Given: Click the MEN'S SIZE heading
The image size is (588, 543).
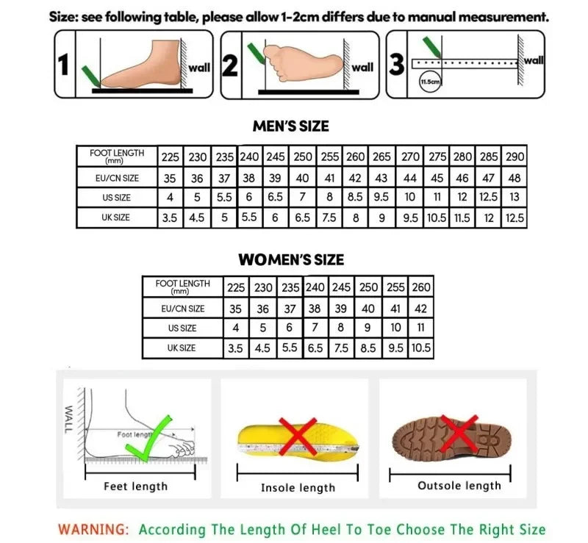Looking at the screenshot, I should [290, 126].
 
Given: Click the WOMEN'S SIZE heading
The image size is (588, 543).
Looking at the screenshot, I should [290, 259].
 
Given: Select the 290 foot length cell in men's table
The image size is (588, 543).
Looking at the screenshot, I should [516, 157].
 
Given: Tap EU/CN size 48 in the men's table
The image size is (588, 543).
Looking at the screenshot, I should [516, 178].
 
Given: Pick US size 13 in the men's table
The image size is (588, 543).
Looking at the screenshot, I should [516, 197].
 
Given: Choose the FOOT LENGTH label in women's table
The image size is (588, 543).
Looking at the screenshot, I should [182, 287].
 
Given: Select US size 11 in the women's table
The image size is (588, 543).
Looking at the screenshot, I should [421, 328].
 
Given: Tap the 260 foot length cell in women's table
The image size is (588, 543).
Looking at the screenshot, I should [421, 287].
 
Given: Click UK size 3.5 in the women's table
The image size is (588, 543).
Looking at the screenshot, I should [235, 348].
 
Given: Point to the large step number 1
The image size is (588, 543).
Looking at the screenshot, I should [65, 66].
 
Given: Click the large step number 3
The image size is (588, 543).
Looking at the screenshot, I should [397, 65].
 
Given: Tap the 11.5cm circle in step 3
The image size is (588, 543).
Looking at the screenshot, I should [429, 82].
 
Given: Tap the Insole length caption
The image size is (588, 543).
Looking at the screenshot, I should [298, 488].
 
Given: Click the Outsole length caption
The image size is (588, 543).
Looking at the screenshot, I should [459, 486].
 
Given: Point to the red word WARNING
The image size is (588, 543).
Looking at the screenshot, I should [93, 529].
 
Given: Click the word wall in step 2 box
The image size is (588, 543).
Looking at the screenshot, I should [362, 67].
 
